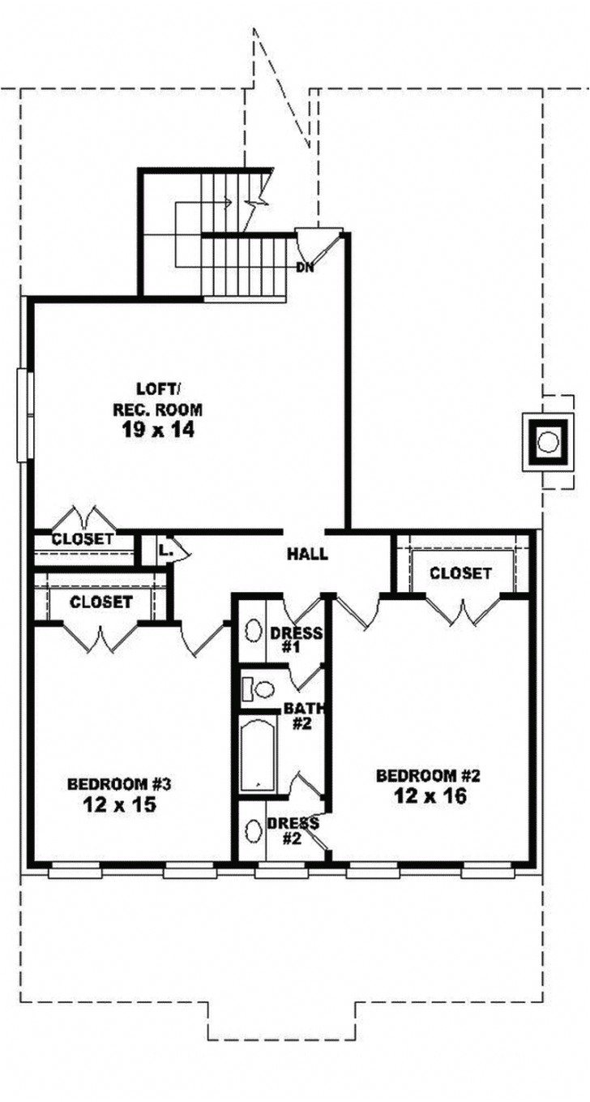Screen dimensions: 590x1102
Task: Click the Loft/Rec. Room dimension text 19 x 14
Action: tap(158, 430)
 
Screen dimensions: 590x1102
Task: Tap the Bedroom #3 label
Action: tap(118, 783)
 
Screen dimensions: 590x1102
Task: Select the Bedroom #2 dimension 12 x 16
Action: tap(430, 795)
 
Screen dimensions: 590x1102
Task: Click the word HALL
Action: tap(307, 555)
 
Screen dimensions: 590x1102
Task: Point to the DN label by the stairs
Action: tap(305, 268)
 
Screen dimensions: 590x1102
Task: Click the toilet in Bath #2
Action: tap(258, 688)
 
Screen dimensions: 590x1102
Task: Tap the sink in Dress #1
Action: tap(254, 631)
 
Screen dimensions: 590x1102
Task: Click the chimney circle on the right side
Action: tap(547, 442)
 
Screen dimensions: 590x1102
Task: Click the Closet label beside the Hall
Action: tap(460, 572)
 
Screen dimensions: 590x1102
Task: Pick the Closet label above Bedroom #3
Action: tap(100, 602)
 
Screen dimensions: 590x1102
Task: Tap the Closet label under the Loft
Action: tap(82, 539)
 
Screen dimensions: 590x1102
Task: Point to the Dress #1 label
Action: tap(297, 640)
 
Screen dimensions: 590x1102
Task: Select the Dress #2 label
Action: tap(293, 830)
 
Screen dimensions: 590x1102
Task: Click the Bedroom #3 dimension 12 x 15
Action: tap(119, 804)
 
